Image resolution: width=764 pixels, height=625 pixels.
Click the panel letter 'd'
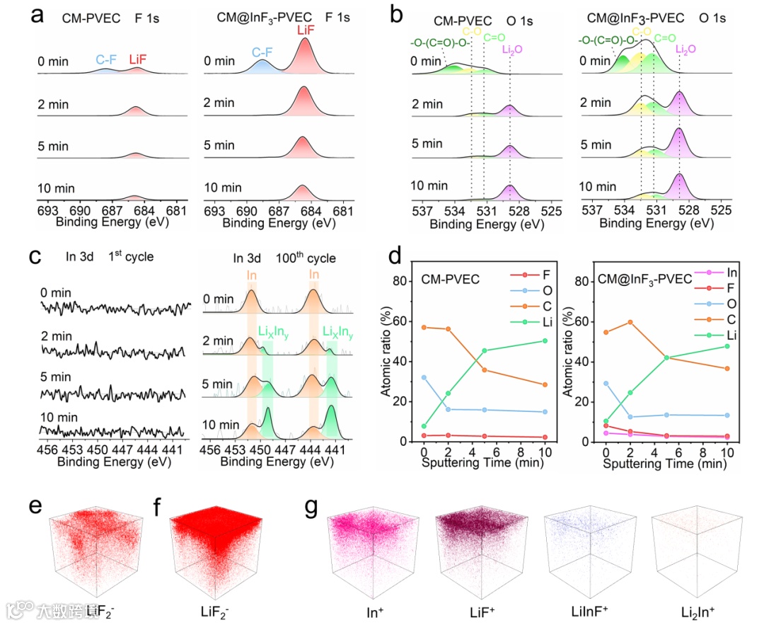(397, 254)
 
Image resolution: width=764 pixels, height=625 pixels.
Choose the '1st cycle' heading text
(131, 257)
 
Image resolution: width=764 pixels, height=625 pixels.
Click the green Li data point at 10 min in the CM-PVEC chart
(544, 340)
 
